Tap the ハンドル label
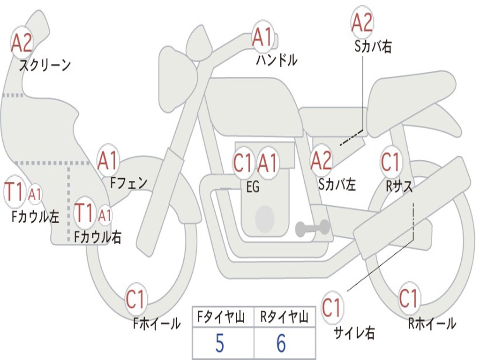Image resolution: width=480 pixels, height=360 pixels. click(x=277, y=60)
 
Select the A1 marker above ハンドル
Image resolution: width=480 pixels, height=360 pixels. click(x=262, y=37)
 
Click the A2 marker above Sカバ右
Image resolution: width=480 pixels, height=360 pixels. click(x=362, y=23)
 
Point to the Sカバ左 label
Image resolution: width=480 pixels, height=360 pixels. click(x=337, y=184)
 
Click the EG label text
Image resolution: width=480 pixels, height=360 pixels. click(x=253, y=187)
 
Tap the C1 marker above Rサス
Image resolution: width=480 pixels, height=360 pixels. click(x=390, y=162)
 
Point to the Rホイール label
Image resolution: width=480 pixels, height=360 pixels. click(x=432, y=323)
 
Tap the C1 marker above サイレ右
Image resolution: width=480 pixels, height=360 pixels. click(x=331, y=308)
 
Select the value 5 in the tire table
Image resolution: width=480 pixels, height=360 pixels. click(x=219, y=344)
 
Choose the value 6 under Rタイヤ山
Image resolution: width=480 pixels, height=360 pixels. click(x=281, y=344)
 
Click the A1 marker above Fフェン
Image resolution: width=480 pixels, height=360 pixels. click(x=108, y=161)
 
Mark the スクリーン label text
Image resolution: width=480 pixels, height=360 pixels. click(x=45, y=65)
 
